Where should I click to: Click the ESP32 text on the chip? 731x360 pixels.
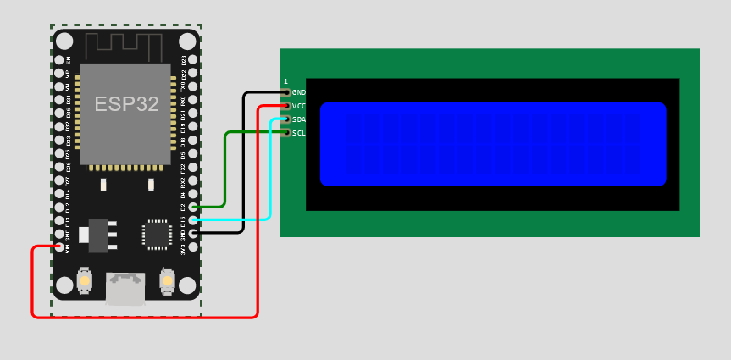[x=126, y=104]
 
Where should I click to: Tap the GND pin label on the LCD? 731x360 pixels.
[x=298, y=92]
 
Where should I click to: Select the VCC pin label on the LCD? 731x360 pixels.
[x=298, y=106]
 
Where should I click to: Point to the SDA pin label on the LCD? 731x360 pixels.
[x=298, y=119]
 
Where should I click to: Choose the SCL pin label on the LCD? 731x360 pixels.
[x=298, y=133]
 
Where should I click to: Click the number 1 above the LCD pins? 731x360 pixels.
[x=285, y=81]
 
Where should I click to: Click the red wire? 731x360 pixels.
[x=144, y=318]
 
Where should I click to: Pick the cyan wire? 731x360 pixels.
[x=270, y=169]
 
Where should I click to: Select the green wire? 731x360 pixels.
[x=224, y=169]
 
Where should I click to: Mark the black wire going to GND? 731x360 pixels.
[x=244, y=161]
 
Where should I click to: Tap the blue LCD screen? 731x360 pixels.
[x=493, y=144]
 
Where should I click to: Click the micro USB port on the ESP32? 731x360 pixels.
[x=125, y=288]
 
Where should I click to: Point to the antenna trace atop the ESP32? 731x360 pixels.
[x=126, y=47]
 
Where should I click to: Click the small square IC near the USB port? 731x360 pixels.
[x=157, y=234]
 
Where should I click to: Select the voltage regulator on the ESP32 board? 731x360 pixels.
[x=98, y=235]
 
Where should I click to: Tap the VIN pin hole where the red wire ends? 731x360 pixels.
[x=59, y=247]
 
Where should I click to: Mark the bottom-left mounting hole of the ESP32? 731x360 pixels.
[x=64, y=285]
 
